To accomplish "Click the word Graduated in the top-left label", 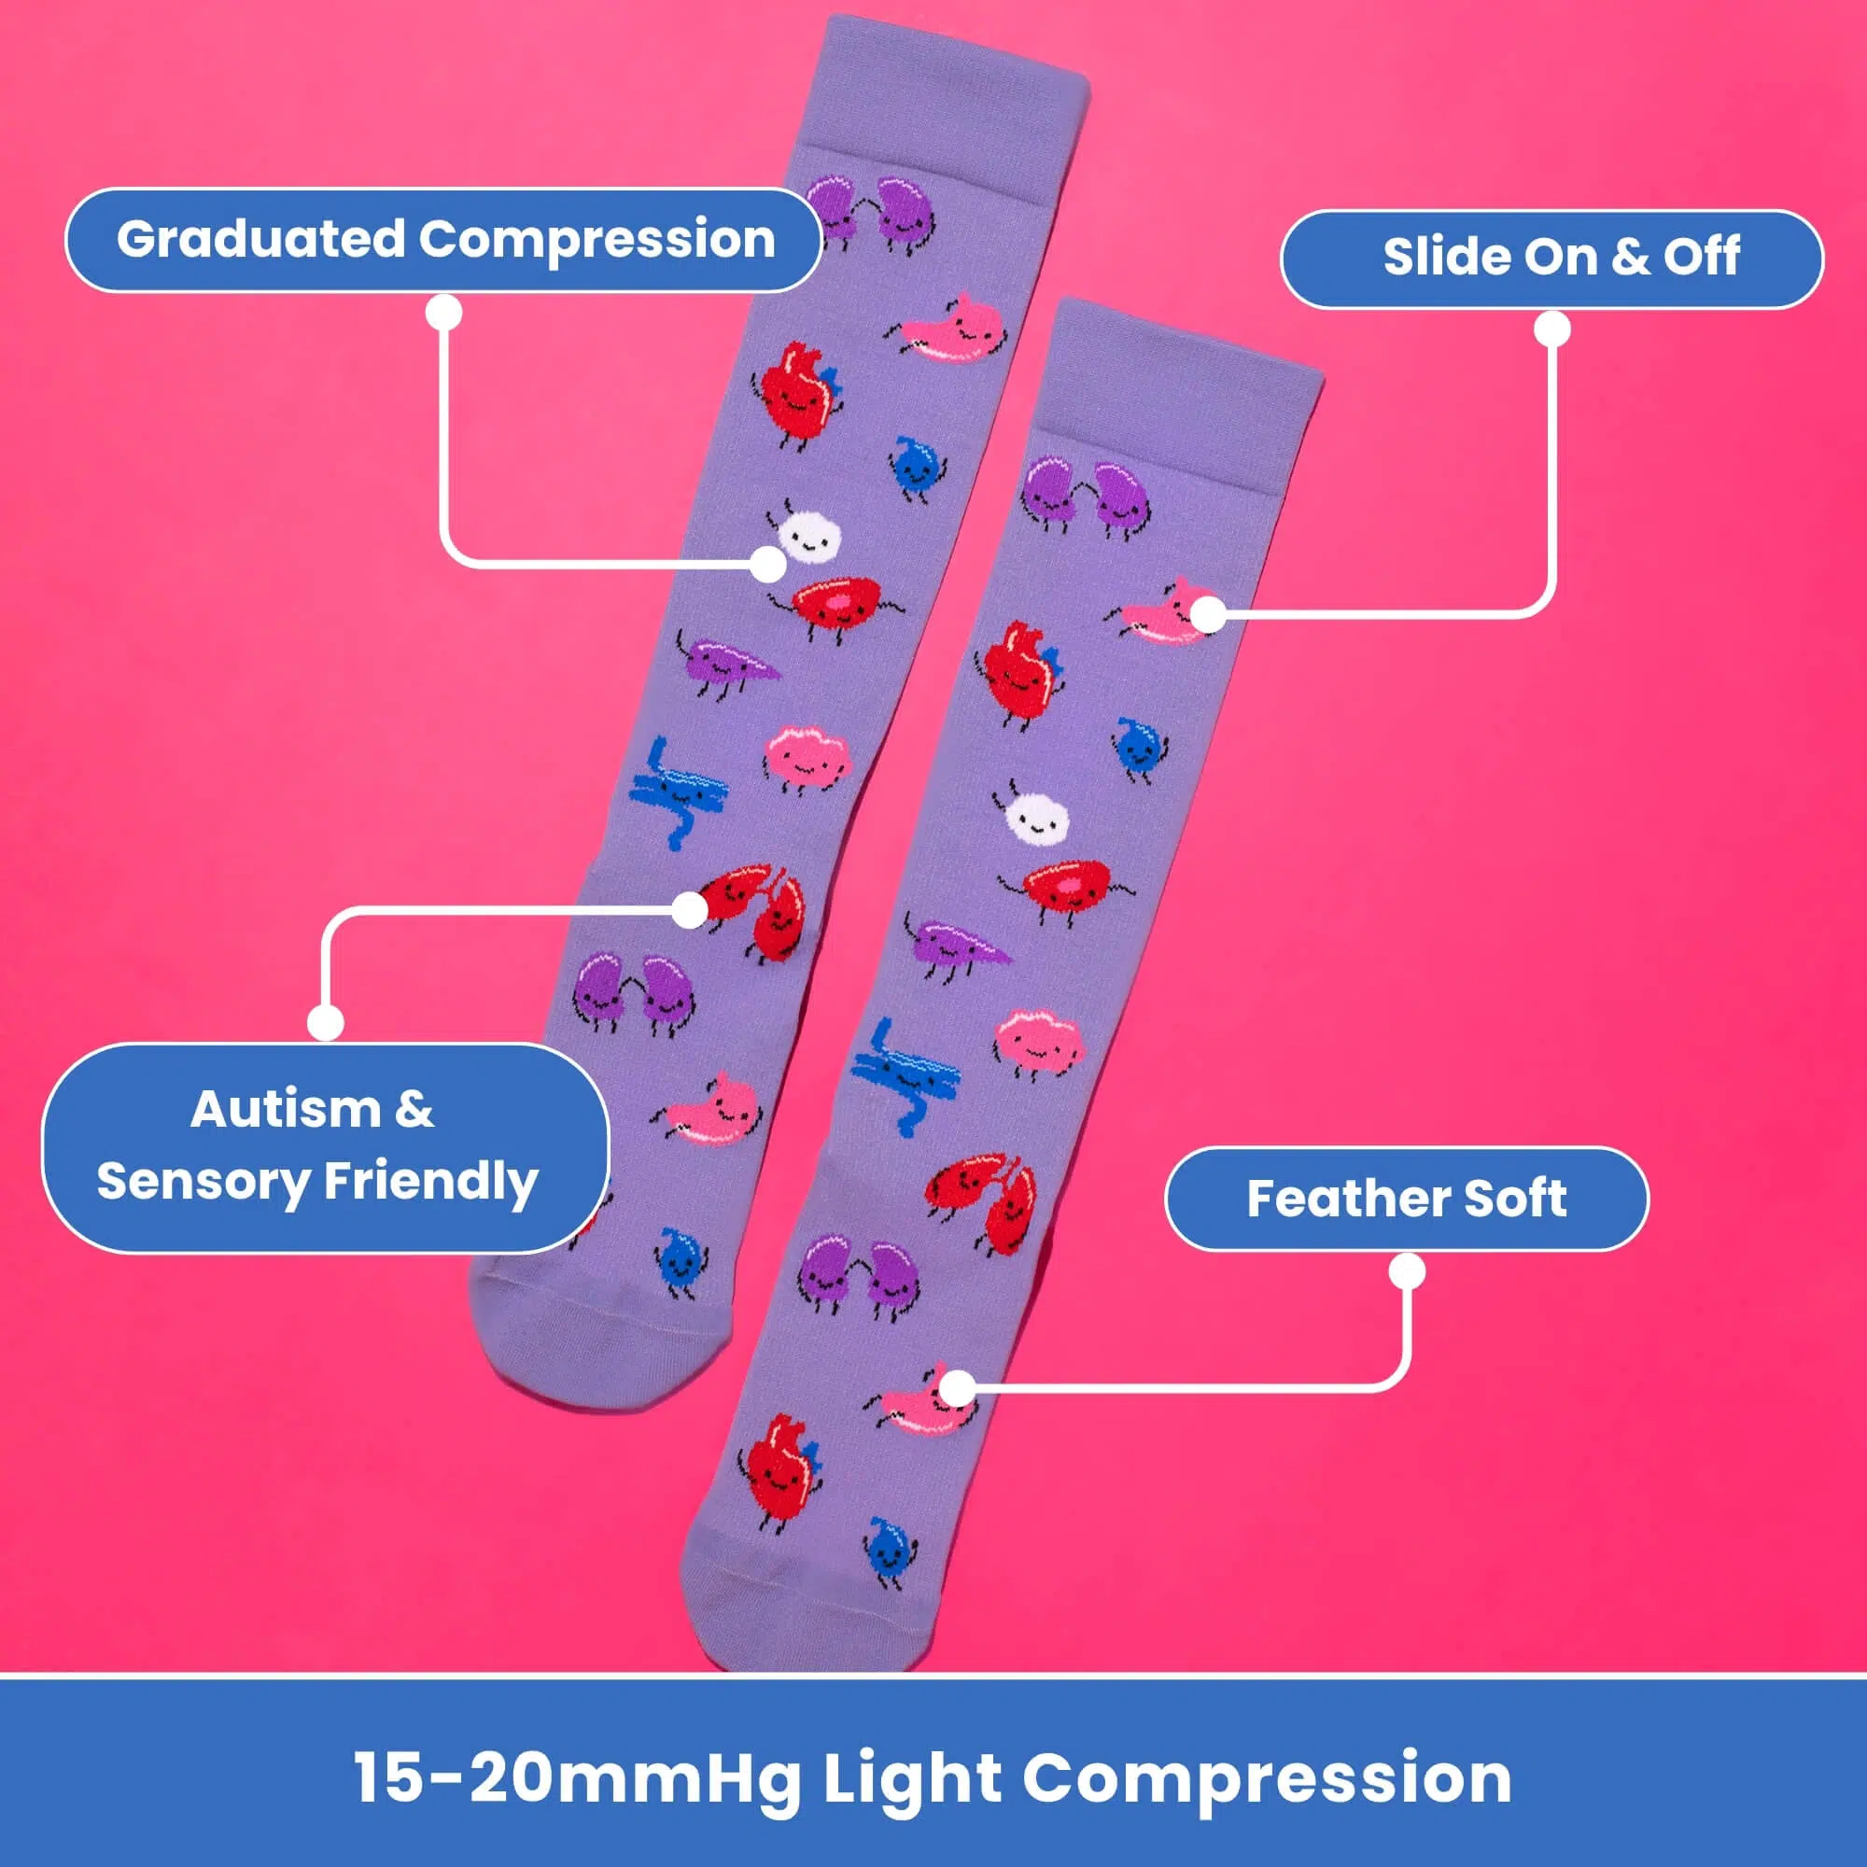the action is (x=260, y=240).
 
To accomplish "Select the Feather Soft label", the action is (x=1407, y=1199).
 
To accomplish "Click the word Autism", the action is (x=285, y=1108).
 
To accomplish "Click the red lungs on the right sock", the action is (x=983, y=1201).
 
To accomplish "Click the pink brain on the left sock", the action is (x=807, y=760).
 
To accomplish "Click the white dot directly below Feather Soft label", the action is (x=1408, y=1271).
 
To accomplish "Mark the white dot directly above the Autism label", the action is (x=326, y=1022).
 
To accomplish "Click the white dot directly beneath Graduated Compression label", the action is (x=443, y=313).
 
